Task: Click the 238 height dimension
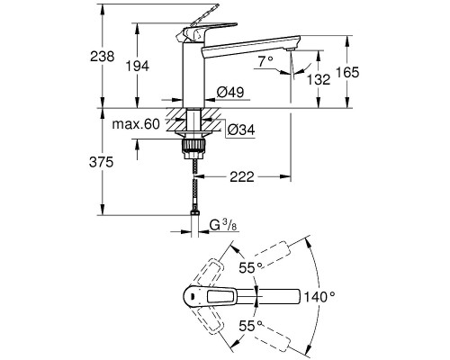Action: tap(103, 56)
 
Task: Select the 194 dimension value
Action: tap(137, 66)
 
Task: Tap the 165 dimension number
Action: tap(347, 72)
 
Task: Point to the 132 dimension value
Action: tap(319, 79)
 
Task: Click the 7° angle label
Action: tap(265, 61)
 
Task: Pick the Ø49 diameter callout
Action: tap(230, 92)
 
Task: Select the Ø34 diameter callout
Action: tap(241, 130)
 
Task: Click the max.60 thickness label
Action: tap(136, 124)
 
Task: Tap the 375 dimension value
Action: tap(102, 162)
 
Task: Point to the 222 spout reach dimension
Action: tap(242, 176)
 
